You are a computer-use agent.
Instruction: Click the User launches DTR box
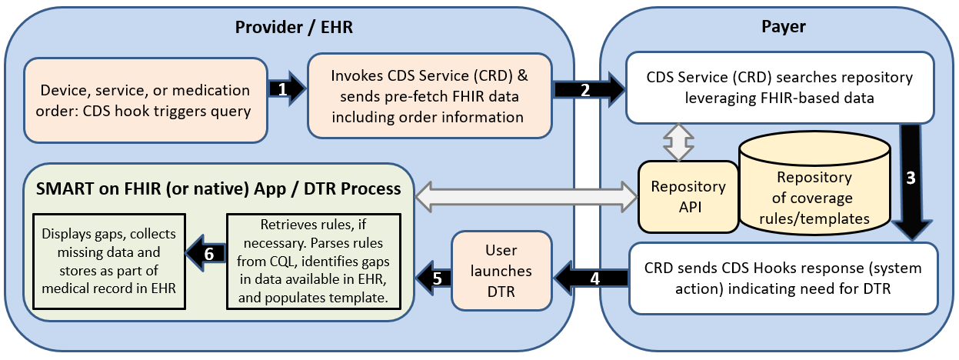coord(501,270)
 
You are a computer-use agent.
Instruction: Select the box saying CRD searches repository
coord(779,88)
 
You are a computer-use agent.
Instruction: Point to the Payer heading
coord(783,27)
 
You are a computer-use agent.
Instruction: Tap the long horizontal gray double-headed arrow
coord(527,196)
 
